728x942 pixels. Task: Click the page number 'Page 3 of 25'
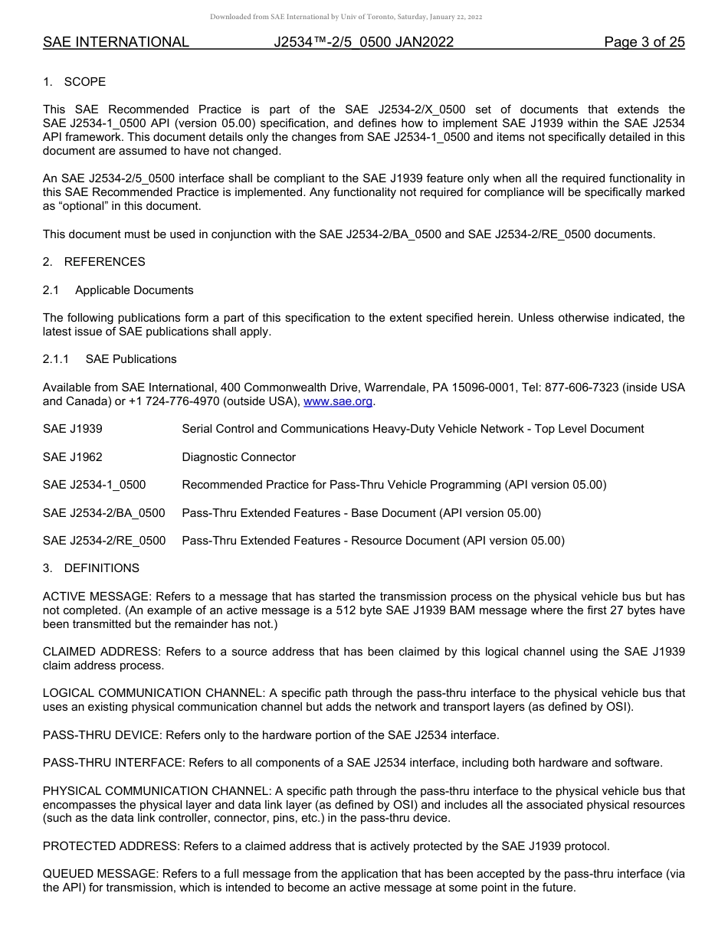[x=644, y=42]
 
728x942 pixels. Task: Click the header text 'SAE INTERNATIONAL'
[x=116, y=42]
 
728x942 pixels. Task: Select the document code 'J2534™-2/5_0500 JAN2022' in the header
[x=363, y=42]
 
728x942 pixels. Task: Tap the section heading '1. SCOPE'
[x=74, y=82]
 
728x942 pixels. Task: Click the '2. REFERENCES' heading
[x=93, y=262]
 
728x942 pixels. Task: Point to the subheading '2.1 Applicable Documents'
[x=118, y=290]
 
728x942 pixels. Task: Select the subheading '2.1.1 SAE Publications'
[x=110, y=359]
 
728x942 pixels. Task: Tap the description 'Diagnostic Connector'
[x=238, y=457]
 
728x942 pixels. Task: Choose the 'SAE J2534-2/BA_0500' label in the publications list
[x=103, y=513]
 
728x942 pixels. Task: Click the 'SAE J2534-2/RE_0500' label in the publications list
[x=104, y=541]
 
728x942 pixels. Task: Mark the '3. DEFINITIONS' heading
[x=91, y=568]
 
